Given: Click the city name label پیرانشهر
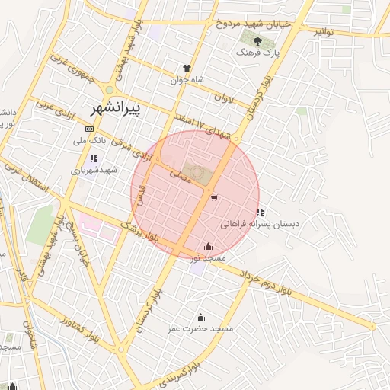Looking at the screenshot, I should click(121, 108).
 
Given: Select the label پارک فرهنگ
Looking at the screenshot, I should click(254, 53).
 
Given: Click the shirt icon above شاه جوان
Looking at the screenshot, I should click(187, 67).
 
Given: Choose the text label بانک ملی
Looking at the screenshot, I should click(89, 140).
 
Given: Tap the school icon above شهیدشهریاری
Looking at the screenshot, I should click(94, 158).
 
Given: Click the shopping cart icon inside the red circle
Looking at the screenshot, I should click(214, 198).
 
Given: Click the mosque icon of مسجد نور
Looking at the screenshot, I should click(209, 246).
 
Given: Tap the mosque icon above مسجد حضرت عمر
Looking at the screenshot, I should click(200, 317).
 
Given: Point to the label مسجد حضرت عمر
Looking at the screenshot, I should click(200, 328).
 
